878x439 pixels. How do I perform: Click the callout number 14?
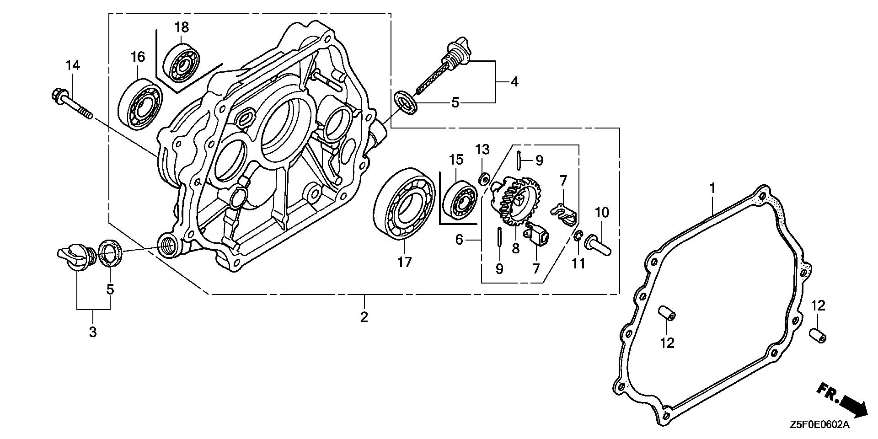73,65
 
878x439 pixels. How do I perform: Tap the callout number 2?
364,317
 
